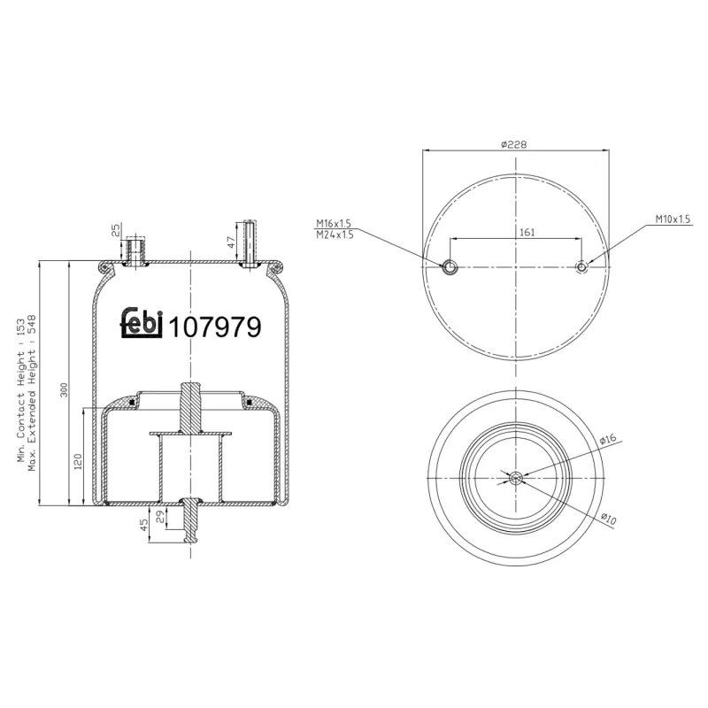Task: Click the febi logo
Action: [x=142, y=323]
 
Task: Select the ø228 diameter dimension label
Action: [x=514, y=144]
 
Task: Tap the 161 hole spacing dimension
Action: [x=527, y=232]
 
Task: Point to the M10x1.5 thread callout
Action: [x=673, y=218]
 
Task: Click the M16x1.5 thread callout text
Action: [x=335, y=225]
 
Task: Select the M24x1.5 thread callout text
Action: [x=335, y=235]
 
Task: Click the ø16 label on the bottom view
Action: [x=607, y=440]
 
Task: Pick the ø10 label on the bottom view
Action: [x=608, y=519]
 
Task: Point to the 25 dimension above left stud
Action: [x=116, y=232]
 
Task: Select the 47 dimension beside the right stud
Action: [x=231, y=240]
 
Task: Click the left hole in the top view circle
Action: [x=450, y=267]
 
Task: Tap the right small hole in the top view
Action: [x=581, y=267]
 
